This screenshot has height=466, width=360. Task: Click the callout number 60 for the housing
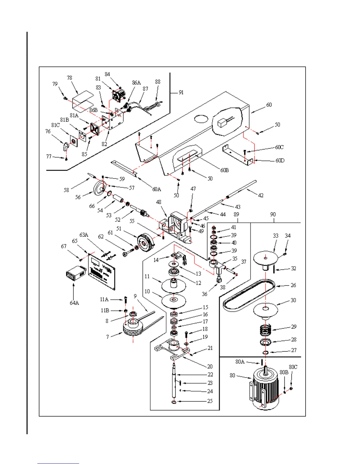(269, 105)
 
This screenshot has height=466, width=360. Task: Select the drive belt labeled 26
(249, 295)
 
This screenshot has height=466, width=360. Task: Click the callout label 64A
(74, 303)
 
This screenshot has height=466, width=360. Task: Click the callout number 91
(181, 92)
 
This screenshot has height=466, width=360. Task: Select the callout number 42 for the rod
(261, 195)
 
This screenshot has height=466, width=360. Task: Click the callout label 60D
(280, 161)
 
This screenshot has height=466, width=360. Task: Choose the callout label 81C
(55, 125)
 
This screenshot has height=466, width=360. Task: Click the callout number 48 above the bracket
(159, 202)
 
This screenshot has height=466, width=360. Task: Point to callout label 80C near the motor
(293, 367)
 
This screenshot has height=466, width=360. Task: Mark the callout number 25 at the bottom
(210, 401)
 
